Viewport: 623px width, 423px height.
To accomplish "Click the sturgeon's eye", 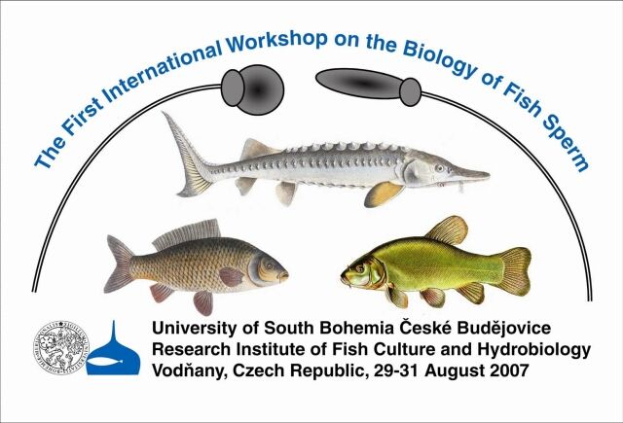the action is tap(439, 168).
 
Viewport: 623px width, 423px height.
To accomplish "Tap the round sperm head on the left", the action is tap(253, 89).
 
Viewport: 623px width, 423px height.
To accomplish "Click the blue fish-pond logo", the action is tap(113, 351).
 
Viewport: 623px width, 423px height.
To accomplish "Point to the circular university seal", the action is tap(60, 347).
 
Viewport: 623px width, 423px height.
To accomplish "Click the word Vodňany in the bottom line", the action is tap(189, 371).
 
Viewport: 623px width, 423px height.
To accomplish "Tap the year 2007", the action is tap(509, 370).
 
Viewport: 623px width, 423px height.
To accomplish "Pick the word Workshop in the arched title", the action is tap(277, 43).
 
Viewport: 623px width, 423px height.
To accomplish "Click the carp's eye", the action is tap(270, 265).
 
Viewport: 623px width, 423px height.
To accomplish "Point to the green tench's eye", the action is tap(359, 268).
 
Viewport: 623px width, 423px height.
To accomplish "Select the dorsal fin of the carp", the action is tap(188, 233).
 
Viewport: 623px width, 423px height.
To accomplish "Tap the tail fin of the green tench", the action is tap(514, 271).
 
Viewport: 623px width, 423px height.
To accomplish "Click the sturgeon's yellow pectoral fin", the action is tap(383, 194).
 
